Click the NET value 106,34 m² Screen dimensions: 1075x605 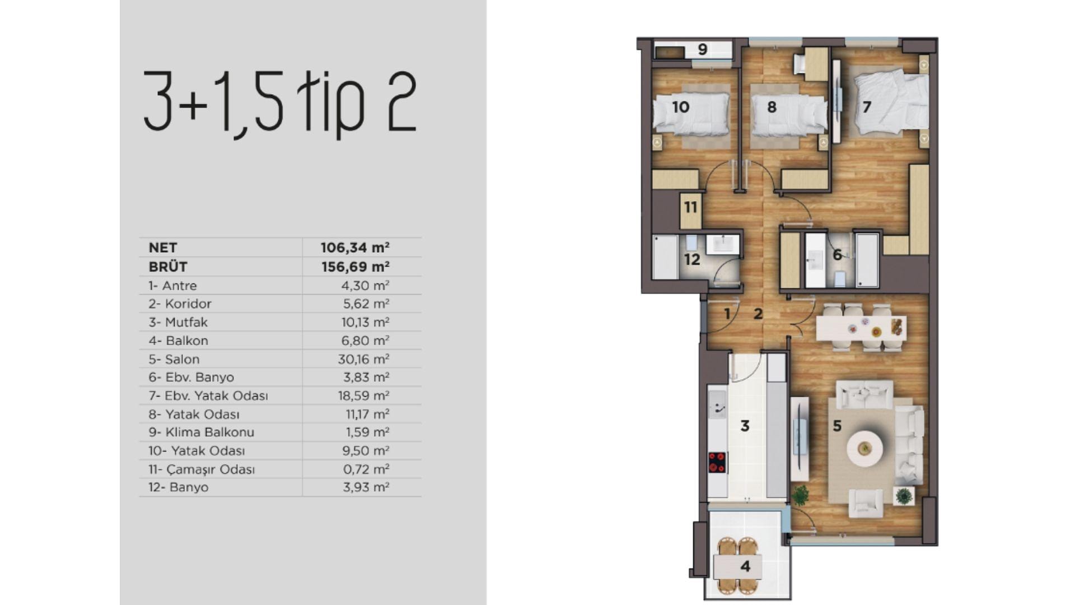[355, 247]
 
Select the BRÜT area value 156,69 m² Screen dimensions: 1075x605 [356, 266]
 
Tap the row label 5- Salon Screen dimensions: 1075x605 [174, 359]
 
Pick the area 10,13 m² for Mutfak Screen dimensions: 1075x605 [365, 322]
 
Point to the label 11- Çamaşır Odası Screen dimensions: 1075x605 [202, 469]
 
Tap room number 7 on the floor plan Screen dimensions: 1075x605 [867, 106]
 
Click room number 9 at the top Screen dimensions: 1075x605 [703, 49]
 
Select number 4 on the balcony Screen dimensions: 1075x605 [745, 566]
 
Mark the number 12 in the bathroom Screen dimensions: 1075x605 [692, 259]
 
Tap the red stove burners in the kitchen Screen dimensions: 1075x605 [717, 463]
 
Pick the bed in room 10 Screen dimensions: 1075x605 [691, 114]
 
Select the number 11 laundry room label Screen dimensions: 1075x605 [690, 208]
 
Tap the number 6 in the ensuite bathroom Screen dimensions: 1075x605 [837, 255]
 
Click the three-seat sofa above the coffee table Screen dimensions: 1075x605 [864, 395]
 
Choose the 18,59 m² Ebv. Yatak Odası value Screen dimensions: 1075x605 [363, 395]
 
